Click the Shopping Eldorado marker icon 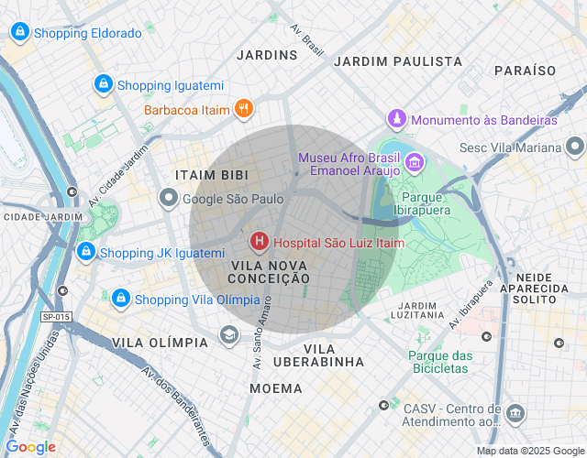[19, 32]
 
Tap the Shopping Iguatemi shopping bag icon [104, 85]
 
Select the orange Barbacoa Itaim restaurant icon [243, 110]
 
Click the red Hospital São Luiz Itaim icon [260, 242]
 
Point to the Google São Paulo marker [169, 198]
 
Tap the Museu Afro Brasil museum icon [414, 163]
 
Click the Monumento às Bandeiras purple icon [396, 119]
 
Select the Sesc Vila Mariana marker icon [575, 147]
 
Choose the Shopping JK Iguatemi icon [85, 252]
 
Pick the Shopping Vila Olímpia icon [120, 299]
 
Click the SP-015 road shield [56, 317]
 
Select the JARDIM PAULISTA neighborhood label [398, 60]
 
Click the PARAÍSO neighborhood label [525, 70]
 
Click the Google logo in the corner [30, 447]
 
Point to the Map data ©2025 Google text [529, 450]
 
